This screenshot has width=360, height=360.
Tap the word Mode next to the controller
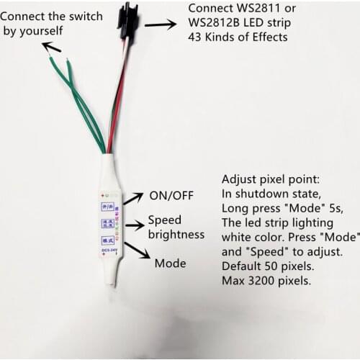click(171, 264)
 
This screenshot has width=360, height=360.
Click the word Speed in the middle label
click(165, 220)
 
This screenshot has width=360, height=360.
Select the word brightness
click(176, 235)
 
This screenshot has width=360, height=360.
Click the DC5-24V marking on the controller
click(109, 251)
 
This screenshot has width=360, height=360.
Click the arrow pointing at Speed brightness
click(134, 225)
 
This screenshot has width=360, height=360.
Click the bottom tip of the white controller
click(112, 282)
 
